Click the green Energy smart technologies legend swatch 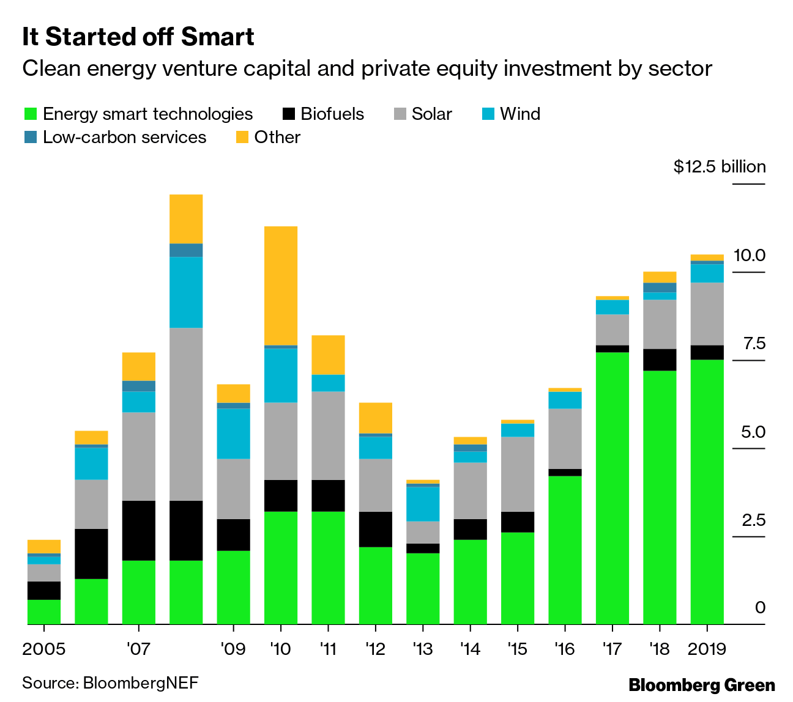tap(31, 114)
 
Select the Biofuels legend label tap(332, 114)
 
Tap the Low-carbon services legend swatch tap(31, 137)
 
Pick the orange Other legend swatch tap(242, 137)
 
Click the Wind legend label tap(520, 114)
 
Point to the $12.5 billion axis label tap(719, 167)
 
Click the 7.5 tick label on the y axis tap(754, 344)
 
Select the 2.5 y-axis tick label tap(754, 520)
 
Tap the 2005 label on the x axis tap(43, 649)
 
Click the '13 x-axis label tap(423, 649)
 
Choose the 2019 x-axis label tap(707, 649)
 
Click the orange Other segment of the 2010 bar tap(281, 286)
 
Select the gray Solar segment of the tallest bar tap(186, 414)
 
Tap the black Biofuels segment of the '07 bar tap(139, 530)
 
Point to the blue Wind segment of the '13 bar tap(423, 504)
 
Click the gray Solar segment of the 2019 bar tap(707, 314)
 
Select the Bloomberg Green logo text tap(702, 685)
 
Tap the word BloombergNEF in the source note tap(141, 682)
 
